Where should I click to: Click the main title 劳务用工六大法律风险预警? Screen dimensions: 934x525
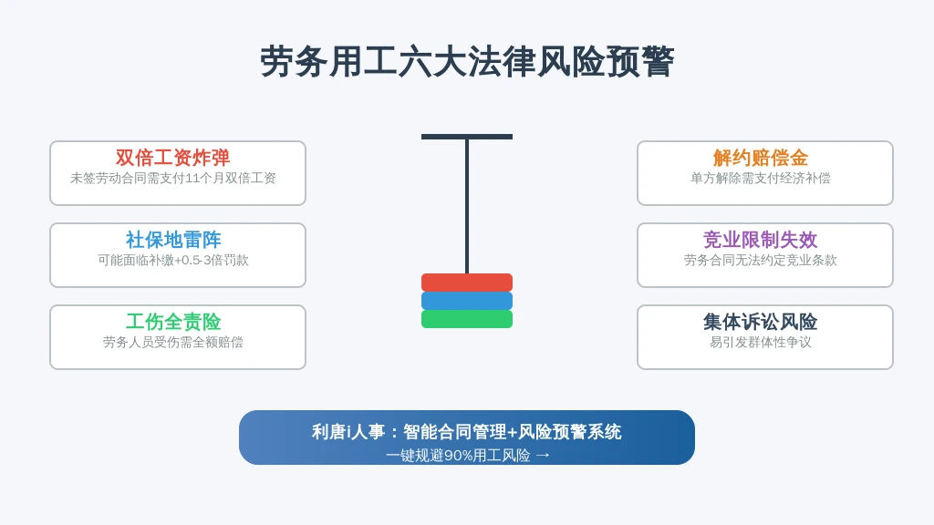[x=467, y=61]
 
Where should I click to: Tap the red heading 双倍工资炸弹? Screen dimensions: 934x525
[x=172, y=158]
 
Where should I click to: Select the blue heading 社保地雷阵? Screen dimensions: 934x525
[x=173, y=240]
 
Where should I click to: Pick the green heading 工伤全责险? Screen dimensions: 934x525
[x=173, y=322]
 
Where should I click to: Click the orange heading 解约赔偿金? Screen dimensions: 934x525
[x=761, y=158]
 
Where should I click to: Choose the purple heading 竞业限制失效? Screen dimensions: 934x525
[x=761, y=240]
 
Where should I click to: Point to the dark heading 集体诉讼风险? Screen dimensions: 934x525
[x=761, y=322]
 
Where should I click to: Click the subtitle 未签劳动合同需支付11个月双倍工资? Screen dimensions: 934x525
[x=172, y=178]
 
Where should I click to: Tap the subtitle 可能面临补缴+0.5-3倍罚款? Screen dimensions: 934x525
[x=172, y=260]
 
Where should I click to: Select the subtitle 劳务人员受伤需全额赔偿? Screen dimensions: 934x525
[x=172, y=343]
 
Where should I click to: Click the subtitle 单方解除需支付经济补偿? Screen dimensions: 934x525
[x=761, y=178]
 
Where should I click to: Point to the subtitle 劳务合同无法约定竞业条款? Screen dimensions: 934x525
[x=761, y=260]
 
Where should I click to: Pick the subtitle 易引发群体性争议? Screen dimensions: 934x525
[x=761, y=343]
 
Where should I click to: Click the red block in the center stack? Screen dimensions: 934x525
[x=467, y=283]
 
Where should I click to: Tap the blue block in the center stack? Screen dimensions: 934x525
[x=467, y=301]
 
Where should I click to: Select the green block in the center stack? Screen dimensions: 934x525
[x=467, y=319]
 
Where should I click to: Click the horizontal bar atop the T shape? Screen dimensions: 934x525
[x=467, y=137]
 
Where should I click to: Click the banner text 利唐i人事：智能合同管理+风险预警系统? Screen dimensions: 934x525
[x=466, y=431]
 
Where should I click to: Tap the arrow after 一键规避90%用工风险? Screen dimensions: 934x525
[x=543, y=456]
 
